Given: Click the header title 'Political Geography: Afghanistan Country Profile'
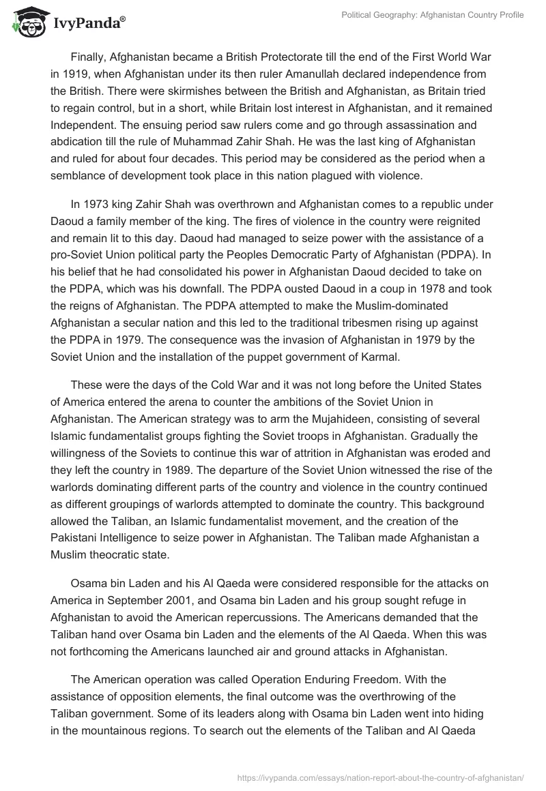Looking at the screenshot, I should pos(424,14).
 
